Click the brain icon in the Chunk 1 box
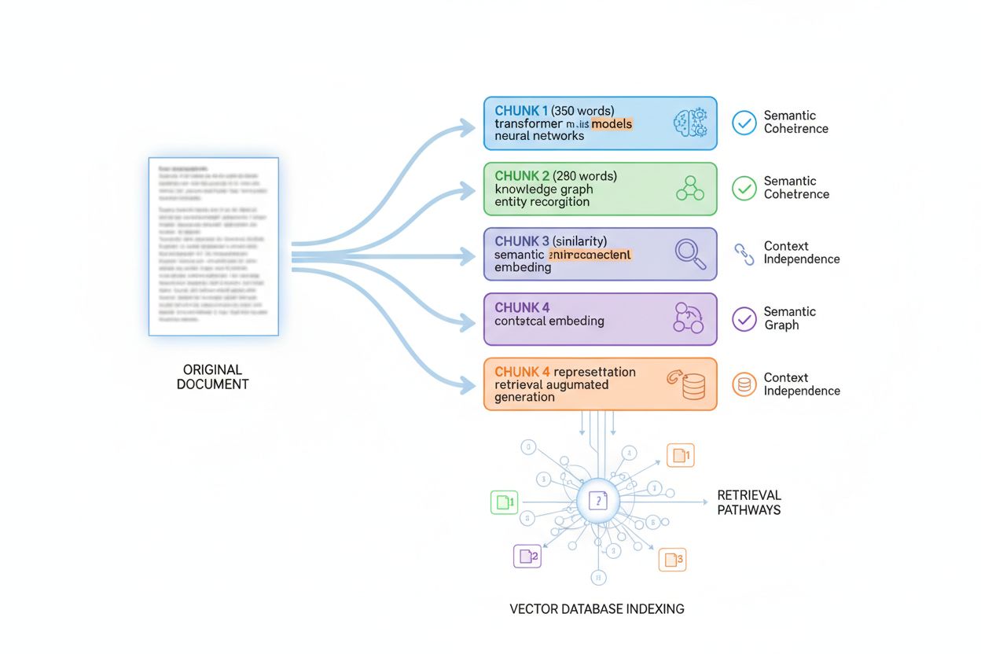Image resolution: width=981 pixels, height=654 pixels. [x=689, y=123]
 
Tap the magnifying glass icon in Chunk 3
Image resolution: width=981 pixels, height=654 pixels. [x=690, y=254]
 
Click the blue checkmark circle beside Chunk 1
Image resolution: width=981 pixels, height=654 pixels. [x=744, y=122]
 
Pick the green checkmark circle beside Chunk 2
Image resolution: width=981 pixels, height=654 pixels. [x=744, y=188]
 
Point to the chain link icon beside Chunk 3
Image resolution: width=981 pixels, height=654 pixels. [x=744, y=253]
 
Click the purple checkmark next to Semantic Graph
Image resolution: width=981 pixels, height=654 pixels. [x=744, y=318]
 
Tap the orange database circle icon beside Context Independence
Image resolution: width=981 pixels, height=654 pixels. [x=744, y=384]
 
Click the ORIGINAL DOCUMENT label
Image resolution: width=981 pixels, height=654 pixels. [x=212, y=377]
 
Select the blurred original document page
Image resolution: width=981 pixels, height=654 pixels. [x=213, y=246]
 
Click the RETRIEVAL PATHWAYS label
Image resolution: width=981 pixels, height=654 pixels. [x=748, y=502]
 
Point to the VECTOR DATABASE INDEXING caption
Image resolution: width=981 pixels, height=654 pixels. [x=597, y=608]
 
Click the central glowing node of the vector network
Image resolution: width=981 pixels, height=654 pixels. [x=598, y=501]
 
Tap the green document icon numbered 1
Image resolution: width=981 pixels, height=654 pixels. [x=504, y=502]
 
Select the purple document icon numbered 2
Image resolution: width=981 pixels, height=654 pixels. [x=527, y=556]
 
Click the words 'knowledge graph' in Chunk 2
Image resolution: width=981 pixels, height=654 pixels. [x=544, y=189]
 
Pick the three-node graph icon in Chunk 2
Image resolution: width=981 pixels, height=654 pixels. [x=690, y=189]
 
